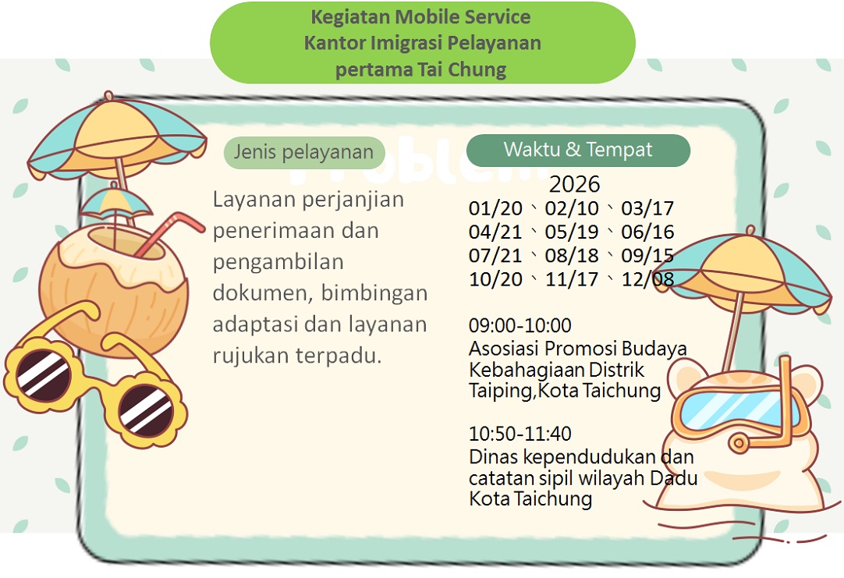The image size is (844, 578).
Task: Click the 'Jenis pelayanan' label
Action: pos(304,152)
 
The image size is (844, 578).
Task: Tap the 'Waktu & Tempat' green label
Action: pos(578,150)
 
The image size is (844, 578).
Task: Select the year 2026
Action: pos(574,185)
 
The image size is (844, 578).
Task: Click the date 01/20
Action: pos(495,208)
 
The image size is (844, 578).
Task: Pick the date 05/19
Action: pos(572,232)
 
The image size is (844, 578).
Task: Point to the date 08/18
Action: pos(572,256)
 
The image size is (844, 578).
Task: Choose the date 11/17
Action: pos(572,279)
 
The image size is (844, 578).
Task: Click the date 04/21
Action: pos(495,232)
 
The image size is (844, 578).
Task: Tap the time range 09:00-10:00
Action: pos(520,325)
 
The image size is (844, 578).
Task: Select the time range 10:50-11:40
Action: pos(520,434)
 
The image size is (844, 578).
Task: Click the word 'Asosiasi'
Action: pos(504,348)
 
